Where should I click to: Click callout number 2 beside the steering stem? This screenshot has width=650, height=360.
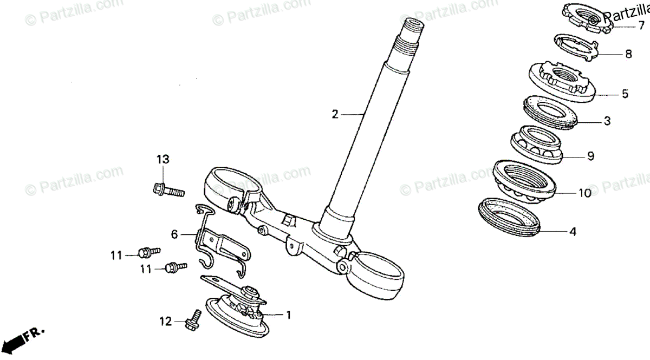coord(335,114)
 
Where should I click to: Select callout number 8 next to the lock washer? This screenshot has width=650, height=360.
coord(628,54)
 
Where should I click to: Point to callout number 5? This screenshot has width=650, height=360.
coord(625,94)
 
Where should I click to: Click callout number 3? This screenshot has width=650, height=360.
coord(607,121)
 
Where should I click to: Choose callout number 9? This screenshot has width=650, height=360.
coord(590,156)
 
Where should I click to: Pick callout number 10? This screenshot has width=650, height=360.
coord(584,193)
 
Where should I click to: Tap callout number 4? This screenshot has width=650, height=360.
coord(572,232)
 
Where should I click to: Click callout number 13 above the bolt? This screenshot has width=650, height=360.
coord(163,159)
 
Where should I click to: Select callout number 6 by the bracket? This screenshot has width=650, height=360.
coord(174,234)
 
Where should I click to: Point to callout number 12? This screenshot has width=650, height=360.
coord(166,322)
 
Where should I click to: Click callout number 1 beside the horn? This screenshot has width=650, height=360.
coord(288,314)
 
